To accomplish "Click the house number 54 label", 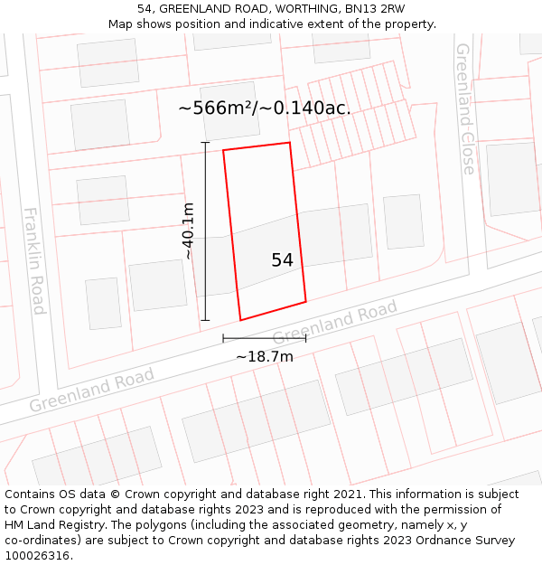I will (282, 260).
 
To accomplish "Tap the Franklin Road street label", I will (34, 261).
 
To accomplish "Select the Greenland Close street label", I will (465, 108).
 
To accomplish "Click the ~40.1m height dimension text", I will (188, 231).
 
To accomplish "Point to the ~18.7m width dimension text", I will (265, 356).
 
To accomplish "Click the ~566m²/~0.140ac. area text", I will (265, 108).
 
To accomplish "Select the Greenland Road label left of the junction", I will (91, 389).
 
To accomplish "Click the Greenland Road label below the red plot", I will (334, 323).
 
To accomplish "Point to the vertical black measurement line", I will (205, 231).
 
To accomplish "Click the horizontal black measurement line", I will (265, 338).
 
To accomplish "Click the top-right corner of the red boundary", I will (289, 143).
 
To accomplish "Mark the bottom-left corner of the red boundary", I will (240, 320).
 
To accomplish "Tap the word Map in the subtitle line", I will (122, 24).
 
